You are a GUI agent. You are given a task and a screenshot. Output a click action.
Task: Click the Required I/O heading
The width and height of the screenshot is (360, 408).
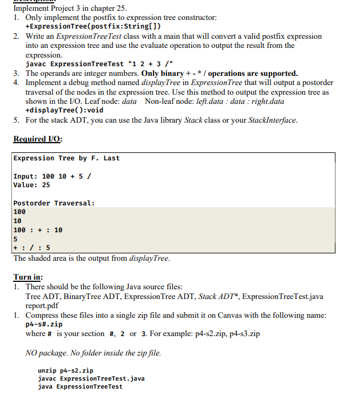38,139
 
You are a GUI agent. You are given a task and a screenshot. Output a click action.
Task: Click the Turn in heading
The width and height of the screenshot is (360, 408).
28,277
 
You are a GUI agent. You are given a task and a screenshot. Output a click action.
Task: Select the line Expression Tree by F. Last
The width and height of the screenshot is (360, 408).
66,158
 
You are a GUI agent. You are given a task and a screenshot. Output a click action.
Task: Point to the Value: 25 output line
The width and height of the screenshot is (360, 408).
31,185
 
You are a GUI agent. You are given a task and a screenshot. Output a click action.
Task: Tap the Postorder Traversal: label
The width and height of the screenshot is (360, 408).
54,203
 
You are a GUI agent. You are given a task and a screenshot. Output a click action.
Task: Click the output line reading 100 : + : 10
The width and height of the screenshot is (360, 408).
38,230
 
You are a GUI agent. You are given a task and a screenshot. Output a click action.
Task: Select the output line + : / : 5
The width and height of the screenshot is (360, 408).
31,248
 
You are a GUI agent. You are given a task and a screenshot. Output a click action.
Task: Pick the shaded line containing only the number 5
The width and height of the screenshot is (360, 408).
15,239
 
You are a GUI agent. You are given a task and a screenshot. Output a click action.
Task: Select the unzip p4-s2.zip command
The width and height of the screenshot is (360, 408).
64,370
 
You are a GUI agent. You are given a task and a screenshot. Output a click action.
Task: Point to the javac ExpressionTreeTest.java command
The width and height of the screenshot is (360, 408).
91,378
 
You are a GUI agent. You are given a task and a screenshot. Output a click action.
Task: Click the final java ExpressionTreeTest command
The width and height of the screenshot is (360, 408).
80,386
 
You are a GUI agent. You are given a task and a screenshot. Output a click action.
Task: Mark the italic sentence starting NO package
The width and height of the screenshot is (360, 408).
94,353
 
